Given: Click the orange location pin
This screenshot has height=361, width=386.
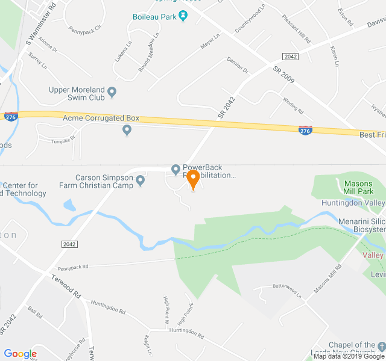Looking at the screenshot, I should [193, 179].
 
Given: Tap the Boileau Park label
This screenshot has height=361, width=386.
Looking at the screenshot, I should [154, 16].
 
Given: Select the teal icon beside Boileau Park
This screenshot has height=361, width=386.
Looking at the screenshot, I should [183, 16].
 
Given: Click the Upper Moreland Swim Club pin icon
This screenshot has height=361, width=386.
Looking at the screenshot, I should [112, 93].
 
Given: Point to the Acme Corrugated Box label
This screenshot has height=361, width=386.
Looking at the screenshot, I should [101, 118].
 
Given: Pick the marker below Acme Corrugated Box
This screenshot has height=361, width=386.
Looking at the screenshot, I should [127, 130].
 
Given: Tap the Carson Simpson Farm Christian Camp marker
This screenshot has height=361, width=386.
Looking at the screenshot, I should [141, 180].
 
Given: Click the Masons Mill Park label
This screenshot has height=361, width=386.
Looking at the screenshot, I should [358, 188].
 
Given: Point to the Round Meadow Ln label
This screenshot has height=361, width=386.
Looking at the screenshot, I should [149, 52].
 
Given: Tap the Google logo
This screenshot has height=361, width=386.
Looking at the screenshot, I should [21, 354].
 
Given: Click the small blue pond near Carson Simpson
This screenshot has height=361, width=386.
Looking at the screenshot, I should [69, 205].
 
